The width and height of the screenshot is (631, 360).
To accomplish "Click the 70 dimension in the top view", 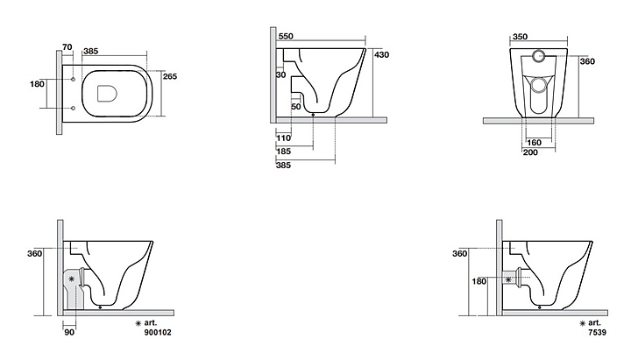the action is tap(67, 47).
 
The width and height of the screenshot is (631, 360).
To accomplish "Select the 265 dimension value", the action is tap(170, 76).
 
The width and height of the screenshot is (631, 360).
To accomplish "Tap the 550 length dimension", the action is tap(286, 36).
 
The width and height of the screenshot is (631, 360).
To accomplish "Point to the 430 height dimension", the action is tap(381, 54).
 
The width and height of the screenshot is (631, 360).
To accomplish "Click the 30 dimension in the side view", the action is tap(281, 74).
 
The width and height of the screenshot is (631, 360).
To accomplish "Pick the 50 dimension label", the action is tap(296, 107).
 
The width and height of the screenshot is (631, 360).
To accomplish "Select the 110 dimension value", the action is tap(283, 138).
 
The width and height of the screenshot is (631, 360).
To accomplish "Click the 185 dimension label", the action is tap(283, 152).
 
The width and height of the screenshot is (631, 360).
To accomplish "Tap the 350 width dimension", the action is tap(520, 37).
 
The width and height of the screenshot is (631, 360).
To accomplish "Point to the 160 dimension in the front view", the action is tap(534, 143).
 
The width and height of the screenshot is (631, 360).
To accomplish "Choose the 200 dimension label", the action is tap(530, 152).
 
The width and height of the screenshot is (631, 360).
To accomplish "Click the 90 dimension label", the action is tap(69, 332).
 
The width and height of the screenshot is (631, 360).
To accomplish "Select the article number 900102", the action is tap(158, 332).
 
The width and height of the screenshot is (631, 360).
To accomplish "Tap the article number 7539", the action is tap(597, 332).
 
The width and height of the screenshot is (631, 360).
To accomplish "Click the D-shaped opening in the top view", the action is tap(107, 93).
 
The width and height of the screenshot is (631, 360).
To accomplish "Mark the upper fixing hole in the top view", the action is tap(73, 79).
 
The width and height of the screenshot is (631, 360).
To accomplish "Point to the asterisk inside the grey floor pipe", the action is tap(72, 279).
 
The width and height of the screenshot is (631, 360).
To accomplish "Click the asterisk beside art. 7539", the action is tap(582, 323).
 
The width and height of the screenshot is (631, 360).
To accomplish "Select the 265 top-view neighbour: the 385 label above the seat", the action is tap(90, 51).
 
